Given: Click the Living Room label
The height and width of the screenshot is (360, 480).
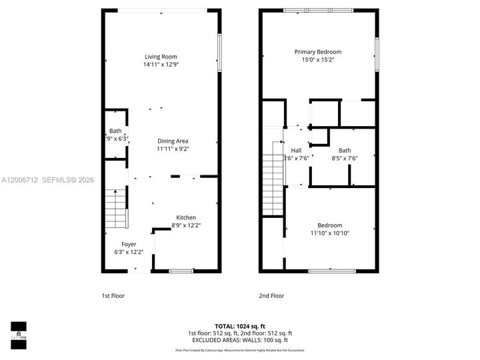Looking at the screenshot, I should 161,57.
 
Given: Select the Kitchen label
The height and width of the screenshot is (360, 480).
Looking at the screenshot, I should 186,217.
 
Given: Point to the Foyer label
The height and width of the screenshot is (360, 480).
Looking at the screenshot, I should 129,244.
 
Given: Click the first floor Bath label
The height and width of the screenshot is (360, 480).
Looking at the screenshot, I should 116,131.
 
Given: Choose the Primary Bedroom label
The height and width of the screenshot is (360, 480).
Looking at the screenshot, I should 318,52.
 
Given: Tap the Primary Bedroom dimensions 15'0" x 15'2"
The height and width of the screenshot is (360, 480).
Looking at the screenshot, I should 318,60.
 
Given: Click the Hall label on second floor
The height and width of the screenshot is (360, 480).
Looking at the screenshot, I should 296,151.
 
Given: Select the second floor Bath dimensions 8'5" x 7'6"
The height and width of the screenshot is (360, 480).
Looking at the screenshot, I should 344,158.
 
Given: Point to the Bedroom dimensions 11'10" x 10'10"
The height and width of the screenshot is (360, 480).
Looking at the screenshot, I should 329,233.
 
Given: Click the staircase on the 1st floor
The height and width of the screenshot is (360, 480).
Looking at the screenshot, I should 116,207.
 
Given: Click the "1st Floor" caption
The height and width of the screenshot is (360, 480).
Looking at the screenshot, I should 113,295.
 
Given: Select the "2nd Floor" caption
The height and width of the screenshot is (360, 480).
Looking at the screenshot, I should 271,295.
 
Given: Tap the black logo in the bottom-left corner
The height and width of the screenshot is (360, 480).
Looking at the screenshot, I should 18,331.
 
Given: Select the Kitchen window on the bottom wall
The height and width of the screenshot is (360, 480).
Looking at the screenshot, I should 181,270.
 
